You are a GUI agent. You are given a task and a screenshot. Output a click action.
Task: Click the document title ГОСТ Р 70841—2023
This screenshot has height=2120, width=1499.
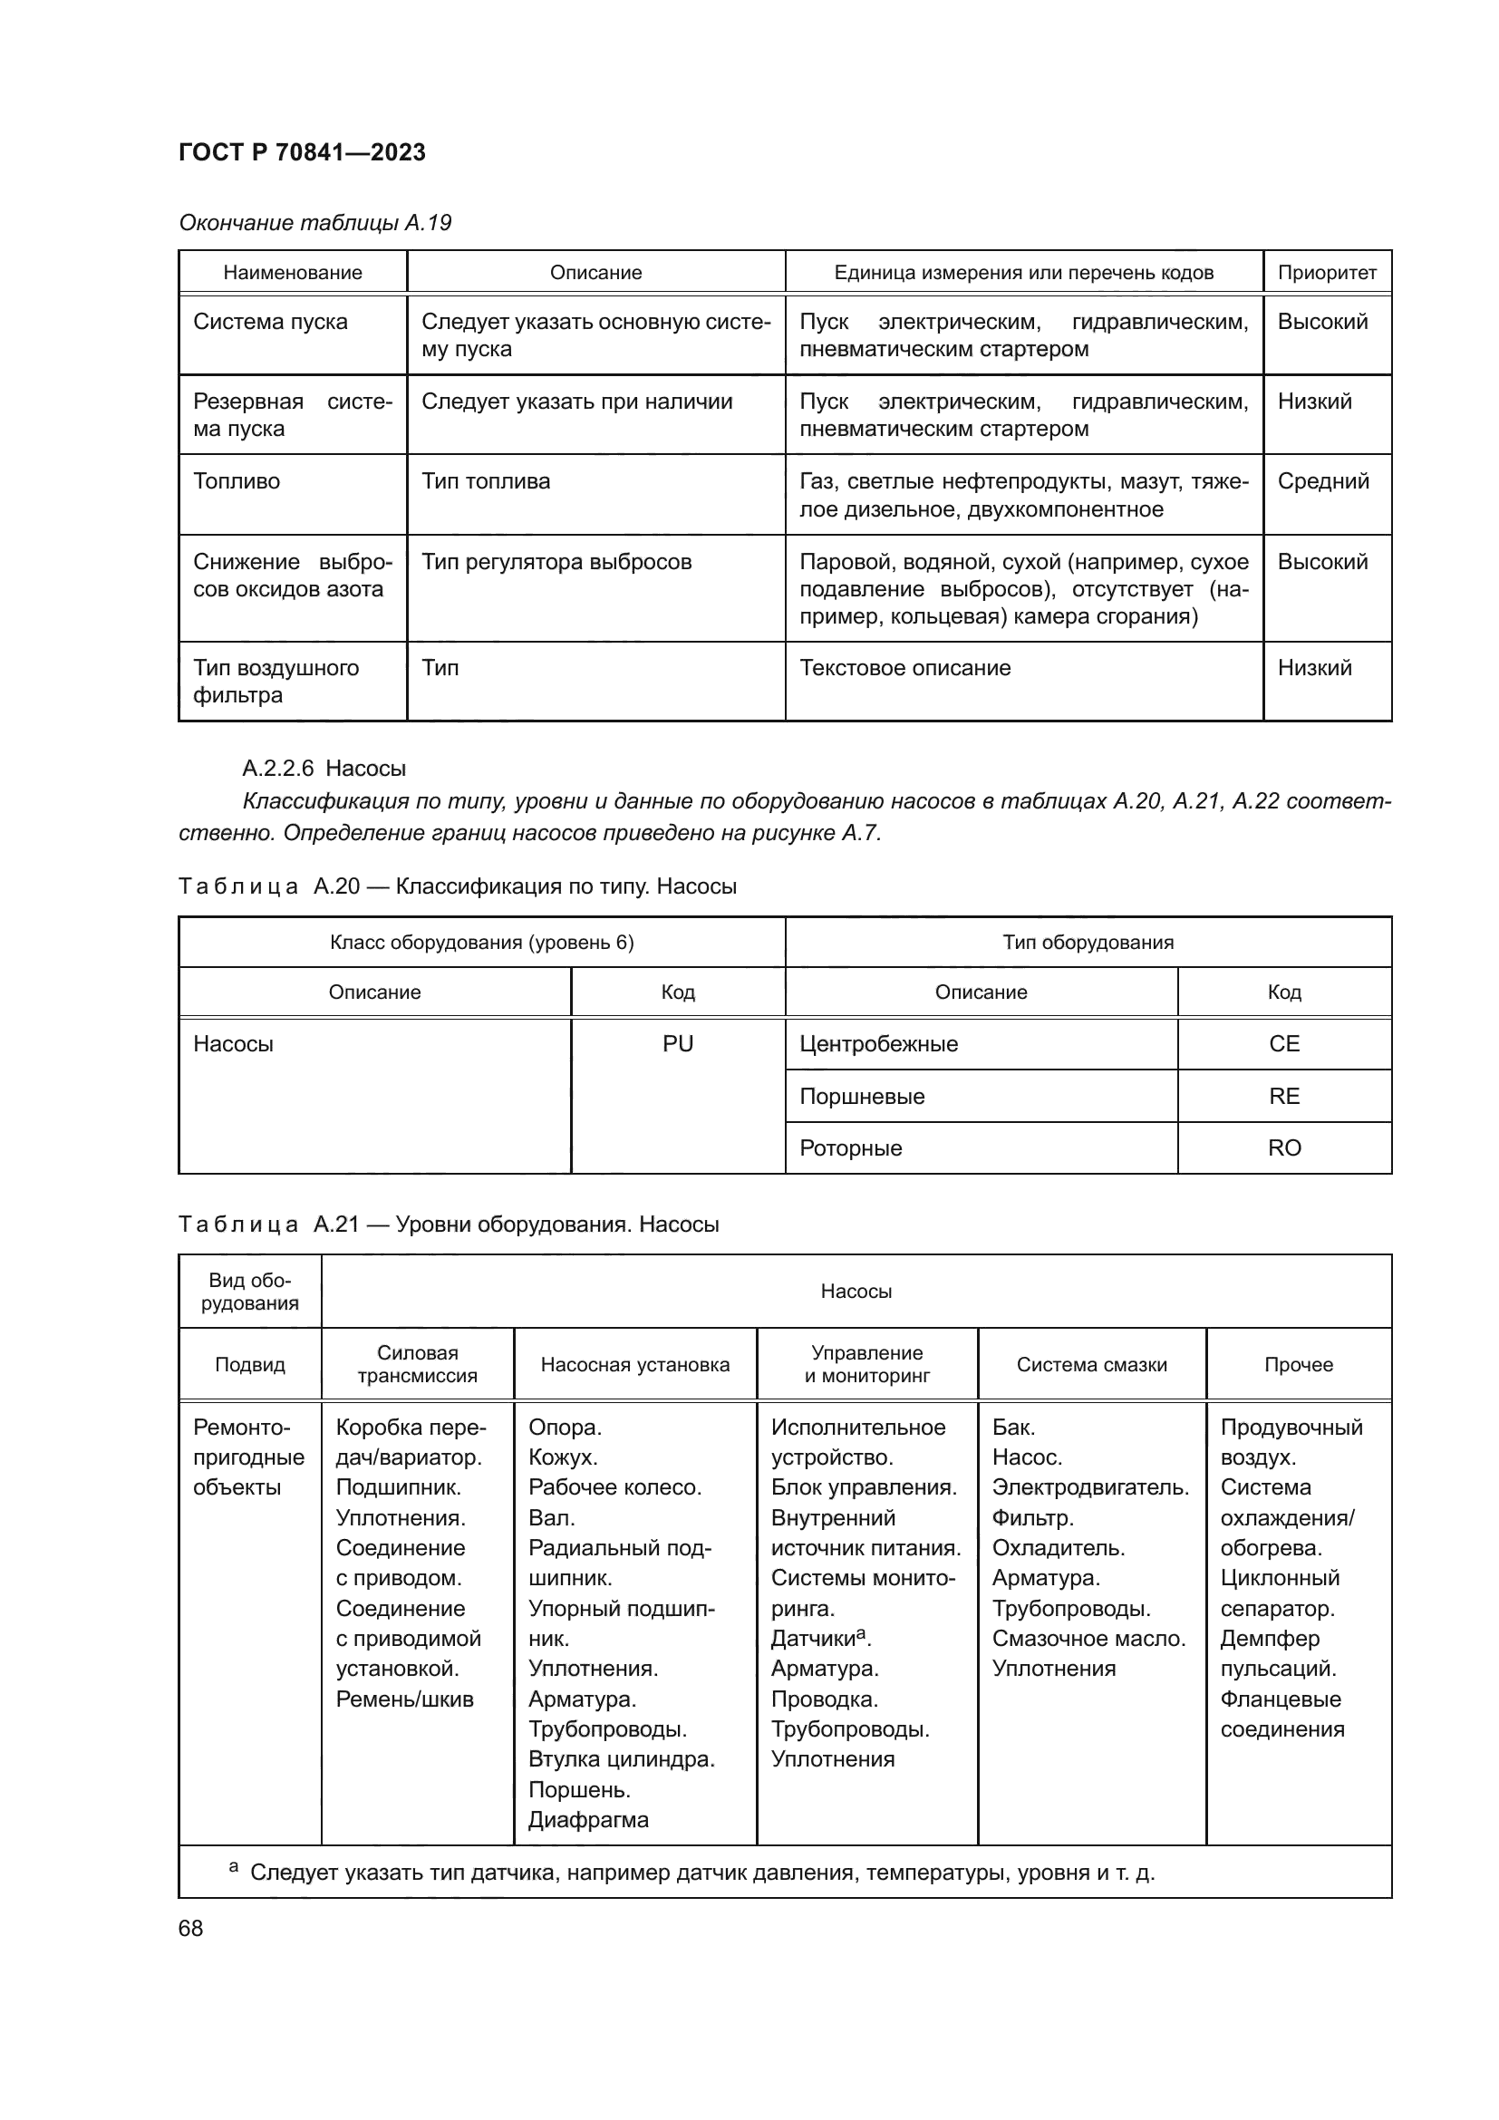click(302, 152)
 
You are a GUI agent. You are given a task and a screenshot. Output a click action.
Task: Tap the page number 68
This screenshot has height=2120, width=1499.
click(191, 1928)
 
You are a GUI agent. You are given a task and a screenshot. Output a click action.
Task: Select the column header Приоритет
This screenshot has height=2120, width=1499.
click(1327, 273)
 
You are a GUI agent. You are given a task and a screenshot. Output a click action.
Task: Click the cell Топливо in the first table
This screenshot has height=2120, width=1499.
click(237, 481)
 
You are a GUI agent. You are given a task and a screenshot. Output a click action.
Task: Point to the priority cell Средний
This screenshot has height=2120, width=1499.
click(1322, 481)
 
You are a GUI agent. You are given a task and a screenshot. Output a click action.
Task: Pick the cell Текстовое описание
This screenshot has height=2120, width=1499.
click(904, 668)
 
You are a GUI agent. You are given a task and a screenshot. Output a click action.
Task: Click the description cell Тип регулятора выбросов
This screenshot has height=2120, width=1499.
click(556, 561)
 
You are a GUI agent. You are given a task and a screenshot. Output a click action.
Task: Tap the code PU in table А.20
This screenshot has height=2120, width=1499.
click(678, 1043)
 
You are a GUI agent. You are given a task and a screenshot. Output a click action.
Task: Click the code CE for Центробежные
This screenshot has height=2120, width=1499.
click(1284, 1043)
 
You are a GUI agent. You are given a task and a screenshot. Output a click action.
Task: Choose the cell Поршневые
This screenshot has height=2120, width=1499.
click(861, 1096)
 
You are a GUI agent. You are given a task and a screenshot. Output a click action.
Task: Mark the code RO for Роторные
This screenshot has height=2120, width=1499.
click(1284, 1147)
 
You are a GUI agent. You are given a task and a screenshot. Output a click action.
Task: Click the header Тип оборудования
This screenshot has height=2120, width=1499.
click(1088, 942)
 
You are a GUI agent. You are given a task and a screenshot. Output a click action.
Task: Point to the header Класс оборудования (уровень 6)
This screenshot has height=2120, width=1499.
click(482, 942)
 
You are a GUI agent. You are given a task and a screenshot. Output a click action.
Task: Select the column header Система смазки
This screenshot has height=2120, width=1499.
click(1091, 1364)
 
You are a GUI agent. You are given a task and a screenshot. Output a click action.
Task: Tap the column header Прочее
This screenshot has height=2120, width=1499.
click(1298, 1364)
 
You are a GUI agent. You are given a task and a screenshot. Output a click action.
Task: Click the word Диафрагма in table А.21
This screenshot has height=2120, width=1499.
click(588, 1819)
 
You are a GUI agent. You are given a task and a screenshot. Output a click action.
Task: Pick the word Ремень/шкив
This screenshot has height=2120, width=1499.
click(404, 1699)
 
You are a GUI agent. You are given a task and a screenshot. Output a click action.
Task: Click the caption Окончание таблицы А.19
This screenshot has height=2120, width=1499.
click(314, 223)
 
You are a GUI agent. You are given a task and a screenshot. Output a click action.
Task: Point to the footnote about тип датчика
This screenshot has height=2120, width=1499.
click(701, 1873)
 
